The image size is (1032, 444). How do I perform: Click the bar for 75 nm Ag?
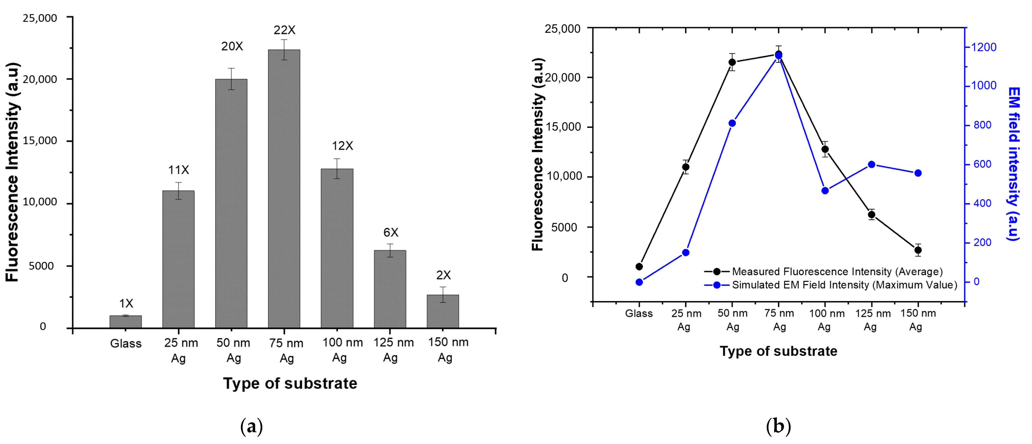(284, 188)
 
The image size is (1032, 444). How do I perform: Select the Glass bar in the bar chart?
(125, 322)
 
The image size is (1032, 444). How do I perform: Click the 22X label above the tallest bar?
(284, 30)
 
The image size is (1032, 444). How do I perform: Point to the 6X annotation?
(391, 232)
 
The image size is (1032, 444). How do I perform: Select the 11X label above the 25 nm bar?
(178, 170)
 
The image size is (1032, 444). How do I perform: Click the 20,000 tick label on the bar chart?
(40, 79)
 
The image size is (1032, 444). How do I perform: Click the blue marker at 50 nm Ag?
(732, 123)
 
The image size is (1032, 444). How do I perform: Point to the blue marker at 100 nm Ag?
(825, 191)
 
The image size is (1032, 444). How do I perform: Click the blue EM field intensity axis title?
(1014, 164)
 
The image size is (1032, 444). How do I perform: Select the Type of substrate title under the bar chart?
(290, 383)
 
